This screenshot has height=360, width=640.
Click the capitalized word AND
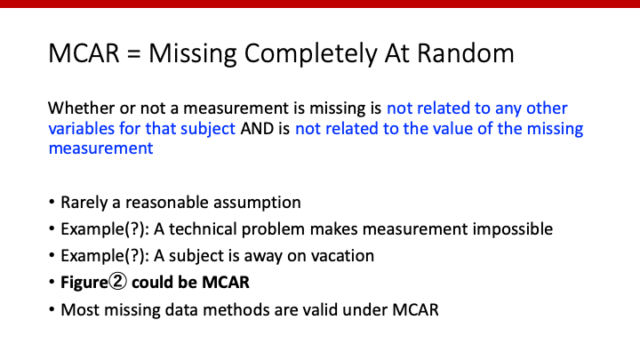pyautogui.click(x=253, y=129)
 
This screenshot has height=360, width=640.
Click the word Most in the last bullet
pyautogui.click(x=78, y=309)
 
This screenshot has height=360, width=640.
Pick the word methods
pyautogui.click(x=205, y=309)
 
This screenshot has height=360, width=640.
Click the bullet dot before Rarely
pyautogui.click(x=51, y=205)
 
